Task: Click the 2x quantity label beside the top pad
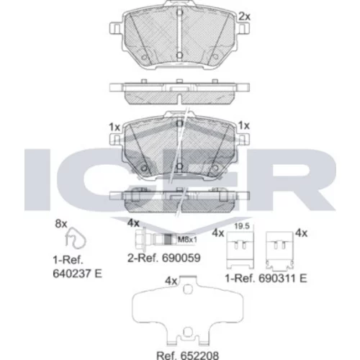pyautogui.click(x=244, y=17)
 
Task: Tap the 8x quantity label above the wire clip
pyautogui.click(x=61, y=224)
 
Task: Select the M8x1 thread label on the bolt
pyautogui.click(x=187, y=239)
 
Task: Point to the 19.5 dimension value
pyautogui.click(x=242, y=226)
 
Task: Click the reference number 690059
pyautogui.click(x=181, y=258)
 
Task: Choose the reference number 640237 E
pyautogui.click(x=78, y=274)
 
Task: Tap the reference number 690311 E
pyautogui.click(x=283, y=279)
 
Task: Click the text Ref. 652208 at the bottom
pyautogui.click(x=187, y=356)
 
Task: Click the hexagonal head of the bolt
pyautogui.click(x=140, y=239)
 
